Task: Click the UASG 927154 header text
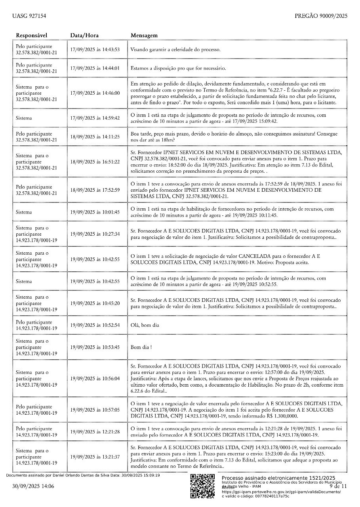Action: click(29, 16)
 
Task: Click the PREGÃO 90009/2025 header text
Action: click(321, 16)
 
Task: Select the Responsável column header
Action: click(32, 35)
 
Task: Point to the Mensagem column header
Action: click(144, 35)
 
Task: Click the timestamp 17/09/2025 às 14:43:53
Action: click(95, 50)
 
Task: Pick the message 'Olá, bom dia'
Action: click(145, 325)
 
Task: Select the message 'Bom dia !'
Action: click(141, 347)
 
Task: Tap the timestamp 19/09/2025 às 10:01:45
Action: click(95, 212)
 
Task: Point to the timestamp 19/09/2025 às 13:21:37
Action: click(95, 457)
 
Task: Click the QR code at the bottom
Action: click(203, 486)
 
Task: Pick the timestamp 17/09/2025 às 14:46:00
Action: click(95, 93)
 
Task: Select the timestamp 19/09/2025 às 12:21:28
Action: click(95, 431)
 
